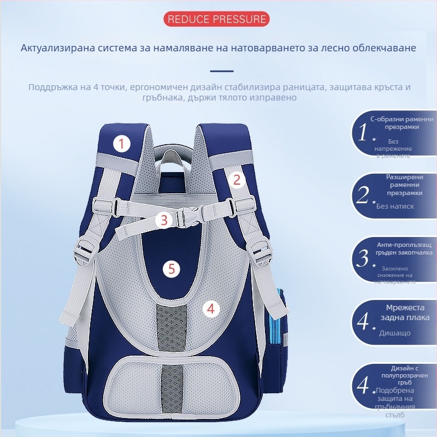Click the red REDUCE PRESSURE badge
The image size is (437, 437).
217,20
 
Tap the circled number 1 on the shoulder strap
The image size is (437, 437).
122,144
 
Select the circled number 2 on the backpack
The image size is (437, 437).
237,180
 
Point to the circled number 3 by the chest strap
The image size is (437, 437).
163,220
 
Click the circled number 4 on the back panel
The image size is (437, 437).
211,309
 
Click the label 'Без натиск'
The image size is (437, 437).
395,206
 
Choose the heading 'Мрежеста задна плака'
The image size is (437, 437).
405,313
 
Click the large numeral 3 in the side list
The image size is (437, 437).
364,258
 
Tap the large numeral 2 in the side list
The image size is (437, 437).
364,195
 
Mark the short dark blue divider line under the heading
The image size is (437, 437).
222,71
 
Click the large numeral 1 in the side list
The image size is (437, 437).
364,132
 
